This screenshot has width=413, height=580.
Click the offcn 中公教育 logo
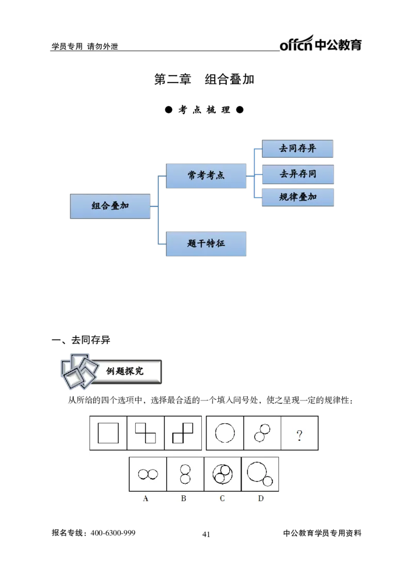point(321,43)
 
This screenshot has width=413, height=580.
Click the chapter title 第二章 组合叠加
point(204,79)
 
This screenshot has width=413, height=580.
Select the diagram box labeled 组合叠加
point(110,206)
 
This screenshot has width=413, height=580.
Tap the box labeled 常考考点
point(206,175)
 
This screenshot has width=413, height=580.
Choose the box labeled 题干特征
point(206,244)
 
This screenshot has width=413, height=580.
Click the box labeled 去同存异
point(298,149)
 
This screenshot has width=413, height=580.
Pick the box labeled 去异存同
point(298,174)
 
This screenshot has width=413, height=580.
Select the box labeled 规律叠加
point(298,197)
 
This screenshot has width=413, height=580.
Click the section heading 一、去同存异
point(81,340)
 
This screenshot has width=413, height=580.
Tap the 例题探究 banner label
point(125,371)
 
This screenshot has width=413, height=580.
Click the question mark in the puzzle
point(299,435)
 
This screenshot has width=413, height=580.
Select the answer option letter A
point(146,498)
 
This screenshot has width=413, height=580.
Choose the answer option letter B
point(184,498)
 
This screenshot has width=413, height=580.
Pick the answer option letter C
point(222,498)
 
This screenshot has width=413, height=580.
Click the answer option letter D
point(261,498)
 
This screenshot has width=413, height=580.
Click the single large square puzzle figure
point(108,433)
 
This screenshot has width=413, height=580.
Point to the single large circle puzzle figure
point(225,433)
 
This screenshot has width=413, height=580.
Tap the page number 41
point(206,534)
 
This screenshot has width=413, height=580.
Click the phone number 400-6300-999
point(113,533)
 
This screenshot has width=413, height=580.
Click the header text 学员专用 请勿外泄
point(85,46)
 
